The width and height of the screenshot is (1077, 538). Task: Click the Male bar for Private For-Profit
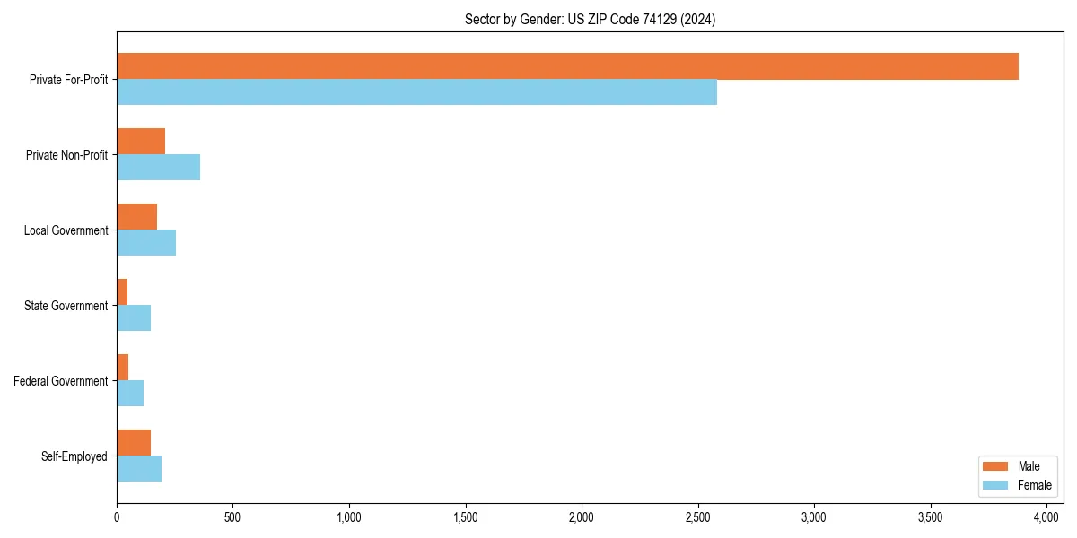coord(567,66)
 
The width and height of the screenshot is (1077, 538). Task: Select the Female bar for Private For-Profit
coord(416,92)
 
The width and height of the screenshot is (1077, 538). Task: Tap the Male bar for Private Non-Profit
coord(141,142)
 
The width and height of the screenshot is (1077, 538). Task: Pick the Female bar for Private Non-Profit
coord(158,168)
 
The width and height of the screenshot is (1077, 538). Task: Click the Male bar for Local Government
coord(136,217)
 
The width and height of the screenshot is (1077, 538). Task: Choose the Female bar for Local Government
coord(146,243)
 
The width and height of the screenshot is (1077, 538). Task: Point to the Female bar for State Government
coord(134,318)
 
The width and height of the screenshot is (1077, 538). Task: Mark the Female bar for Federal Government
coord(130,394)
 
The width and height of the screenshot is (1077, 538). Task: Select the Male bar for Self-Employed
coord(134,443)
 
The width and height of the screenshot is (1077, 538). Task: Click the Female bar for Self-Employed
coord(139,469)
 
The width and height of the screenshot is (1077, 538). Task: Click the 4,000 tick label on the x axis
coord(1046,517)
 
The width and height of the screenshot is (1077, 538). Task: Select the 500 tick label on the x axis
coord(232,517)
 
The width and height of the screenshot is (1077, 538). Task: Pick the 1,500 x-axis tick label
coord(465,517)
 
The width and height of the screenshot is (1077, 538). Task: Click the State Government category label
coord(66,306)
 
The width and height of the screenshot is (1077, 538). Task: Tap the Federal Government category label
coord(61,381)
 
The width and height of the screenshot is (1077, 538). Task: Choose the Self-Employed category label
coord(74,456)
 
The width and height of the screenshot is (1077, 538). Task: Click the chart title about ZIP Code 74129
coord(590,19)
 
